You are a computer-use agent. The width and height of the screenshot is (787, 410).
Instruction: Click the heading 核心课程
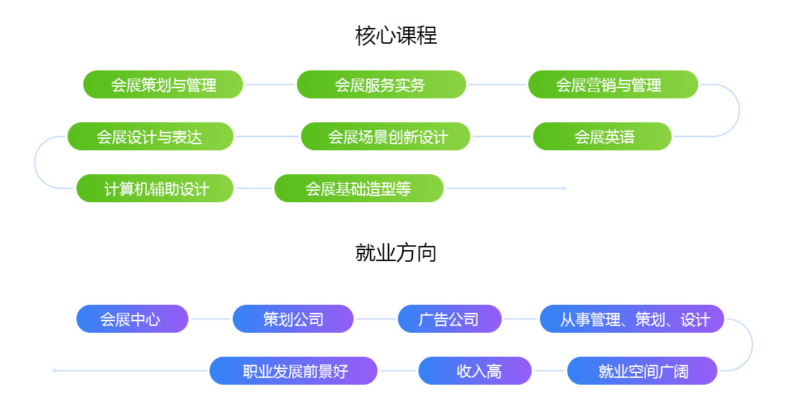pyautogui.click(x=396, y=36)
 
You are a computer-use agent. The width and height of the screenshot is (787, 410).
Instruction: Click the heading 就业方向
pyautogui.click(x=396, y=253)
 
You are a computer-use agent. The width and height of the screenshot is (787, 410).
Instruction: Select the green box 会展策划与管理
pyautogui.click(x=163, y=85)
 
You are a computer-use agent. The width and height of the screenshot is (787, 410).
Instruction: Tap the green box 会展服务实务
pyautogui.click(x=382, y=85)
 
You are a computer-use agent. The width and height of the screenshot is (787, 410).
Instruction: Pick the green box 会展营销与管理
pyautogui.click(x=613, y=85)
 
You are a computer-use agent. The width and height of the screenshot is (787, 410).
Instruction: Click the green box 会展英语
pyautogui.click(x=602, y=136)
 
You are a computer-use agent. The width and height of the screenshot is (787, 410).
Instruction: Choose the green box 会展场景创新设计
pyautogui.click(x=386, y=136)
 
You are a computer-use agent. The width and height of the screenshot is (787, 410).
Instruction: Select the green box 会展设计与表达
pyautogui.click(x=151, y=136)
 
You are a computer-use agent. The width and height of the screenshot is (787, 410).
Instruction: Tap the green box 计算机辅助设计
pyautogui.click(x=155, y=189)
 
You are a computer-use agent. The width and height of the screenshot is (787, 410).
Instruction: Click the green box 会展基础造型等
pyautogui.click(x=359, y=189)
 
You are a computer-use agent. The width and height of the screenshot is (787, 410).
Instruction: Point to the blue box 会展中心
pyautogui.click(x=132, y=318)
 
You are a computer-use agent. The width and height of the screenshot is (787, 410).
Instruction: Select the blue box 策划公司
pyautogui.click(x=293, y=318)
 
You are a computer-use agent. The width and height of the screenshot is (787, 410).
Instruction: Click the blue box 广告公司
pyautogui.click(x=450, y=318)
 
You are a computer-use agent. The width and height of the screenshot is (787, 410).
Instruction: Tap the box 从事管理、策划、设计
pyautogui.click(x=632, y=318)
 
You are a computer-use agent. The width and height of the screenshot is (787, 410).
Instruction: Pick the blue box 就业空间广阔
pyautogui.click(x=642, y=371)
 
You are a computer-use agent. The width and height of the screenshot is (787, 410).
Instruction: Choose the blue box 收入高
pyautogui.click(x=475, y=371)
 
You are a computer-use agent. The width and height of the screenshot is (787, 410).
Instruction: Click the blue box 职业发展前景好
pyautogui.click(x=293, y=371)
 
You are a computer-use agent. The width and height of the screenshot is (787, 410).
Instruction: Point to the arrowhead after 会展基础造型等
pyautogui.click(x=564, y=189)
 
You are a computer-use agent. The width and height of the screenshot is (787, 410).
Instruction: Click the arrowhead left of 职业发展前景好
pyautogui.click(x=55, y=371)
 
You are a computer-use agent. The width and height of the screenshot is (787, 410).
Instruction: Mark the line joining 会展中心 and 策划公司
pyautogui.click(x=210, y=318)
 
